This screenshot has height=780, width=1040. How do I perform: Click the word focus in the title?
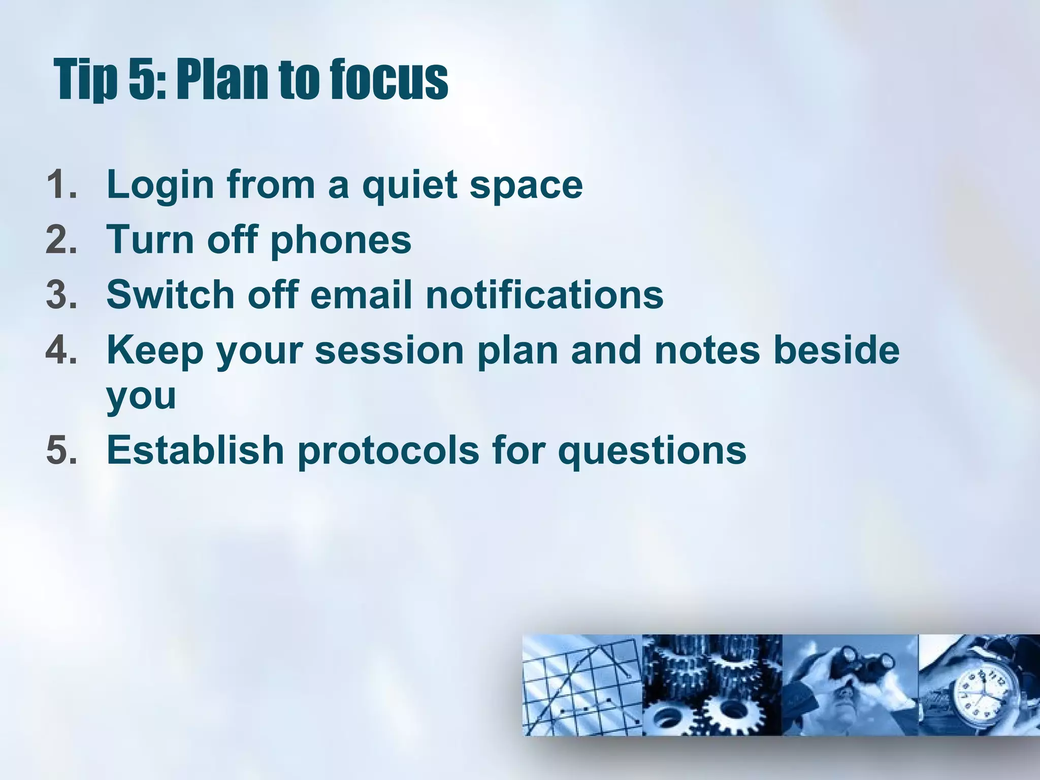[x=388, y=80]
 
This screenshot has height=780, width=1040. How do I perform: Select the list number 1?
[x=61, y=185]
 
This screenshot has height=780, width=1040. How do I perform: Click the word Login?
[x=160, y=186]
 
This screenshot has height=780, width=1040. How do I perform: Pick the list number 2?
[x=61, y=240]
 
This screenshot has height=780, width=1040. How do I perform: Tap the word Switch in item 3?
[x=170, y=295]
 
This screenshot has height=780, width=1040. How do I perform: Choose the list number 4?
[x=61, y=350]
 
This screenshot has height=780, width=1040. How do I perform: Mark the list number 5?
[x=61, y=450]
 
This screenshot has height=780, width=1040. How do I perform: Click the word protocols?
[x=388, y=451]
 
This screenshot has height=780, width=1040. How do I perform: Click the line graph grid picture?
[x=582, y=685]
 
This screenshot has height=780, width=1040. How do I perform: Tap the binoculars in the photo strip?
[x=863, y=665]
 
